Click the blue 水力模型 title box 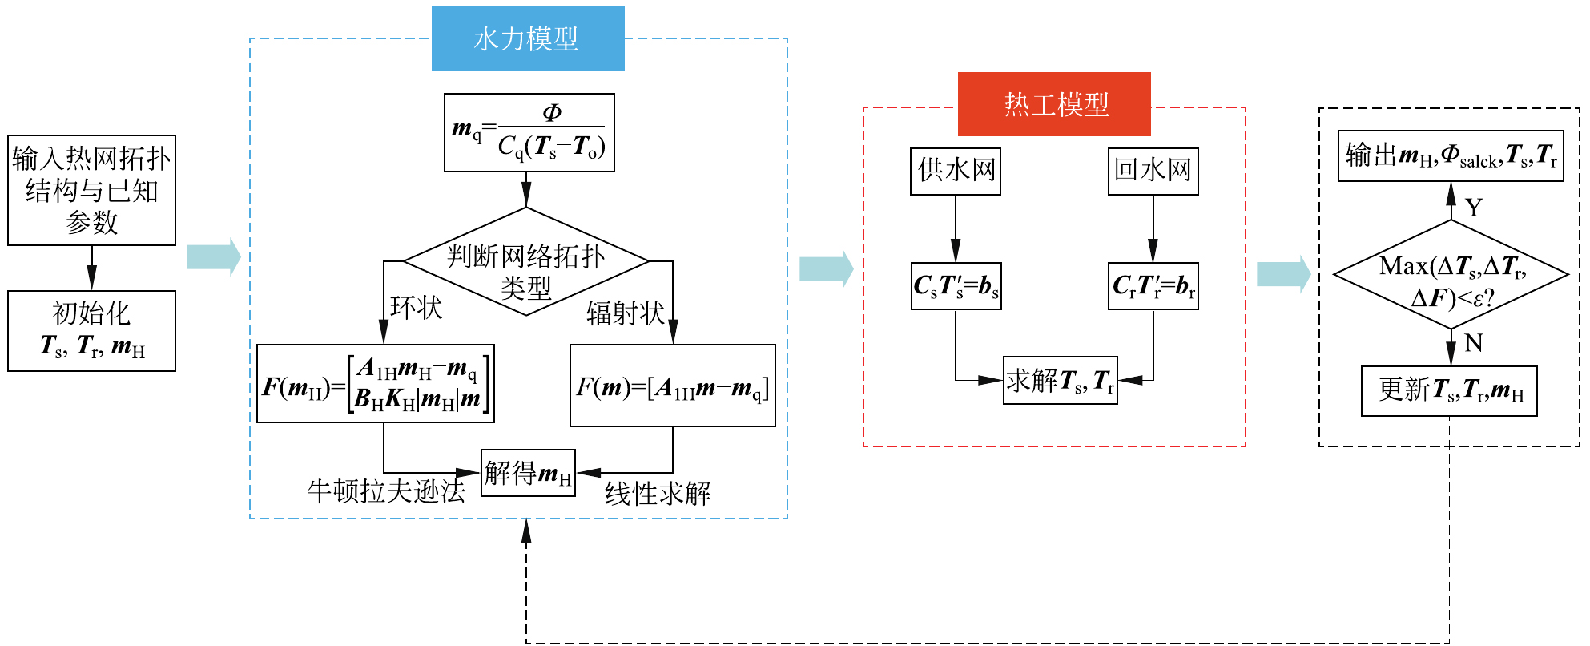[527, 38]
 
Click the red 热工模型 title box [1054, 104]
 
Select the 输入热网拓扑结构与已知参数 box [91, 190]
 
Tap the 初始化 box [91, 330]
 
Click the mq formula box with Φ [529, 132]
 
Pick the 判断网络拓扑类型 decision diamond [526, 262]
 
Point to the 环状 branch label [416, 308]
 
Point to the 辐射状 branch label [626, 313]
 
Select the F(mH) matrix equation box [375, 384]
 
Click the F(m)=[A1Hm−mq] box [672, 386]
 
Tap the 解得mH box [528, 473]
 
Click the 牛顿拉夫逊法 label [386, 491]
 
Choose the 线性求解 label [658, 494]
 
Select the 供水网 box [955, 171]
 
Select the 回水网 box [1153, 171]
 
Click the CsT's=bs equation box [956, 286]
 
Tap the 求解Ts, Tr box [1060, 381]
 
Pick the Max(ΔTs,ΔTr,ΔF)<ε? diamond [1450, 275]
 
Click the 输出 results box [1451, 155]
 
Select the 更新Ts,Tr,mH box [1449, 391]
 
